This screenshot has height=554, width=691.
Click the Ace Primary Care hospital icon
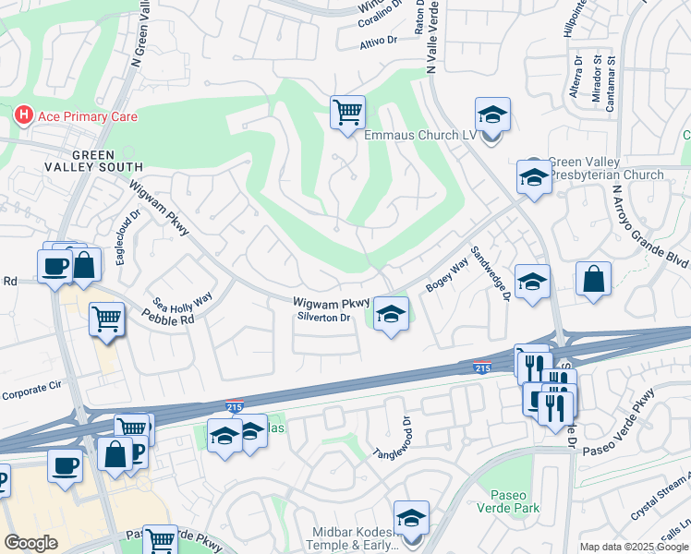23,116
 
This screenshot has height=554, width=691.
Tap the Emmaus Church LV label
418,135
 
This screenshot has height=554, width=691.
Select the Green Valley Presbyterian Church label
605,168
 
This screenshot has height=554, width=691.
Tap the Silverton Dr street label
323,317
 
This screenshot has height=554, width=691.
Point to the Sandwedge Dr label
490,273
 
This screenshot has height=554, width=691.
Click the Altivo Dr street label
378,42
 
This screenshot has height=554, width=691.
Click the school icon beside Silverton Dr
391,315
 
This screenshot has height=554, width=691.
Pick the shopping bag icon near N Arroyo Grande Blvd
593,280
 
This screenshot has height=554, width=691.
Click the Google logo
30,543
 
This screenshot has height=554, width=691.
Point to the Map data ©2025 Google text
633,547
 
